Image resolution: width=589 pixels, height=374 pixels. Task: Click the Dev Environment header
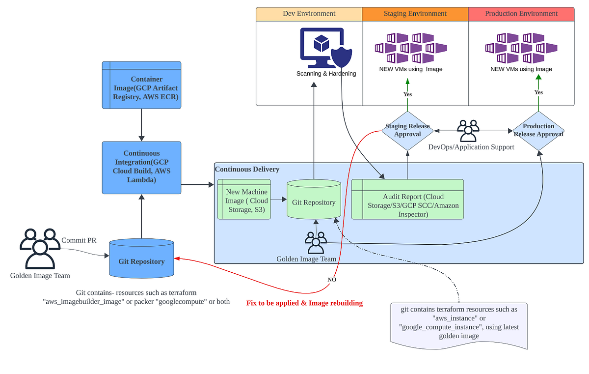click(x=309, y=14)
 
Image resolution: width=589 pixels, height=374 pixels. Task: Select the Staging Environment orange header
click(x=415, y=14)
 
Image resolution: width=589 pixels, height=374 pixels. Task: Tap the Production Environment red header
click(x=521, y=14)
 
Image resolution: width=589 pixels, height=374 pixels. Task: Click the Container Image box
click(x=141, y=85)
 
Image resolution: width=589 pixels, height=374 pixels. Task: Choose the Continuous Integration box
click(x=141, y=167)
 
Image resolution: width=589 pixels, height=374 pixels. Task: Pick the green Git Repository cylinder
click(x=314, y=201)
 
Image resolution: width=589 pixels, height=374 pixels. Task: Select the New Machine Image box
click(x=244, y=200)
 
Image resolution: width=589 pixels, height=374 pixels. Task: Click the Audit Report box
click(x=407, y=200)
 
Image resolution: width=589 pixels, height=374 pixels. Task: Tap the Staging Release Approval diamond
click(x=407, y=130)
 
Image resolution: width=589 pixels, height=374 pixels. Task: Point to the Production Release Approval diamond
click(x=538, y=130)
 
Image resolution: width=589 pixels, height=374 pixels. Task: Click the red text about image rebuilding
click(x=304, y=303)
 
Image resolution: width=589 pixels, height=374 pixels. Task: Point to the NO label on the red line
click(x=332, y=280)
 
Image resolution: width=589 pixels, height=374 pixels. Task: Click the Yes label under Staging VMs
click(x=407, y=94)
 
